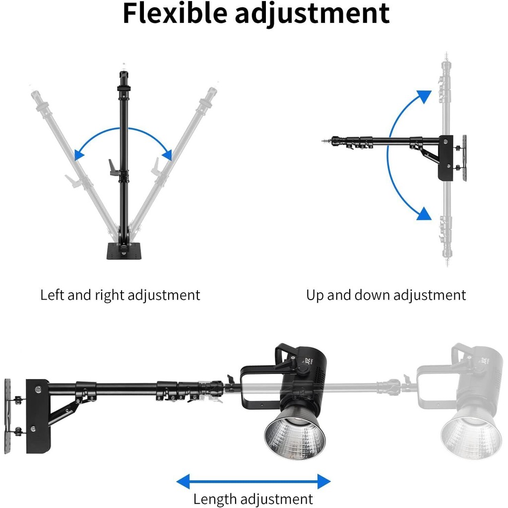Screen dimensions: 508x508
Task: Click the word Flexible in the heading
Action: point(175,13)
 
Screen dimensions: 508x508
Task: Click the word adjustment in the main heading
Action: point(312,15)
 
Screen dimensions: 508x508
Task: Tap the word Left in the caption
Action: point(52,295)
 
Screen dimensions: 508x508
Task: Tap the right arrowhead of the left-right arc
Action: point(167,155)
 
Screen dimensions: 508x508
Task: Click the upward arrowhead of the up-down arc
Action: point(425,96)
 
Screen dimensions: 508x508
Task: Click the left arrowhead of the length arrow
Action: point(184,481)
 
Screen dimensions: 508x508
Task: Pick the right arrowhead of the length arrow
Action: point(324,481)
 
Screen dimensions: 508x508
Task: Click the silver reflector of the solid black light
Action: point(295,434)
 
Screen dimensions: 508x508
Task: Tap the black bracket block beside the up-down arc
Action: point(445,158)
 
